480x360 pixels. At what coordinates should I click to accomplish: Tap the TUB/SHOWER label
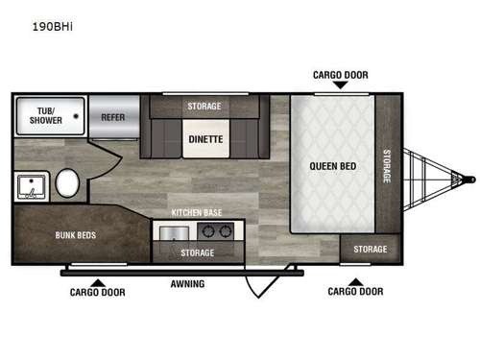(x=45, y=115)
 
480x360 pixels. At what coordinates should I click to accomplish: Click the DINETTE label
(x=205, y=138)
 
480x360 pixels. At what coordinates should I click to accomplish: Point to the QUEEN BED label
(x=332, y=166)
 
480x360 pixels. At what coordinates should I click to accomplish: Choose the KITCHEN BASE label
(x=196, y=212)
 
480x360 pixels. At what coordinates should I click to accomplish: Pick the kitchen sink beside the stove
(x=174, y=231)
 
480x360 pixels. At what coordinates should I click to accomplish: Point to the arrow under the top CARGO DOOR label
(x=340, y=85)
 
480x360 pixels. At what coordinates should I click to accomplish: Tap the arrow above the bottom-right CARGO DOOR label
(x=354, y=280)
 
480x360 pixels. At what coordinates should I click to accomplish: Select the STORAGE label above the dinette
(x=204, y=106)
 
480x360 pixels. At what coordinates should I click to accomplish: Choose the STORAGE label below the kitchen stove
(x=198, y=252)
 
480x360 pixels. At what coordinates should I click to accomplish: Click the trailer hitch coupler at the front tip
(x=468, y=178)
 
